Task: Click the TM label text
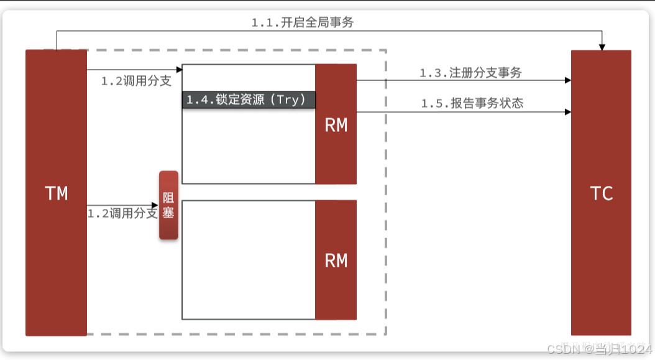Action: click(56, 193)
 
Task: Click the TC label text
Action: click(601, 193)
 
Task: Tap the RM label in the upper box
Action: click(336, 125)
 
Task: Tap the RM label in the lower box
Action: click(336, 260)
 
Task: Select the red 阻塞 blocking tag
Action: click(168, 205)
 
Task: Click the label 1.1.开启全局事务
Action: click(302, 22)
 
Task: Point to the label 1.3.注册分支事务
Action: click(470, 73)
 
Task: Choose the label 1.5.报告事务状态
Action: click(472, 103)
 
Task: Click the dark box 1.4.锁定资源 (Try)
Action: click(249, 100)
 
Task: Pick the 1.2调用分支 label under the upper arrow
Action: click(136, 81)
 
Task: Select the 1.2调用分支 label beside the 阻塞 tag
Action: click(122, 213)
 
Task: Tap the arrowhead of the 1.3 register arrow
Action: click(567, 80)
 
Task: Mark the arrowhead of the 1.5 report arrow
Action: click(567, 112)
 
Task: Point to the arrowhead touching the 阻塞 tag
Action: click(155, 205)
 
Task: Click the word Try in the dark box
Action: click(288, 100)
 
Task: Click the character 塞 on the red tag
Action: click(168, 213)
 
